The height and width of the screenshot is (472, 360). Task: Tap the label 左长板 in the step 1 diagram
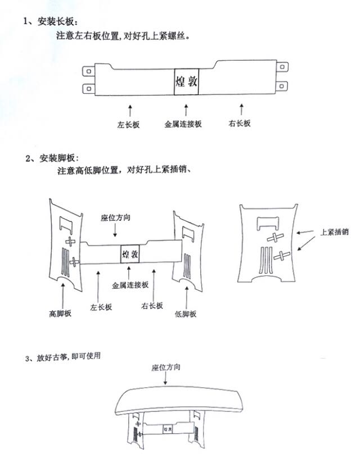(x=129, y=124)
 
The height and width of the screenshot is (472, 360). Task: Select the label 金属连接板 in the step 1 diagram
(x=183, y=124)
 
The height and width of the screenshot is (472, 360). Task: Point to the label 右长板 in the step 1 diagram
(x=241, y=124)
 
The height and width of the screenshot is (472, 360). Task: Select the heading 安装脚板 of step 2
(x=58, y=158)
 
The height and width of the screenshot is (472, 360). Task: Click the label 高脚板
(x=60, y=312)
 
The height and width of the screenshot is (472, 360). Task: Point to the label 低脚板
(x=186, y=314)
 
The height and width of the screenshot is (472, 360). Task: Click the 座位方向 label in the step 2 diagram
(x=115, y=217)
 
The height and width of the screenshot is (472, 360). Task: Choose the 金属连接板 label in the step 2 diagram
(x=130, y=285)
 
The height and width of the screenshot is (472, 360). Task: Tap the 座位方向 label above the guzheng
(x=166, y=367)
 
